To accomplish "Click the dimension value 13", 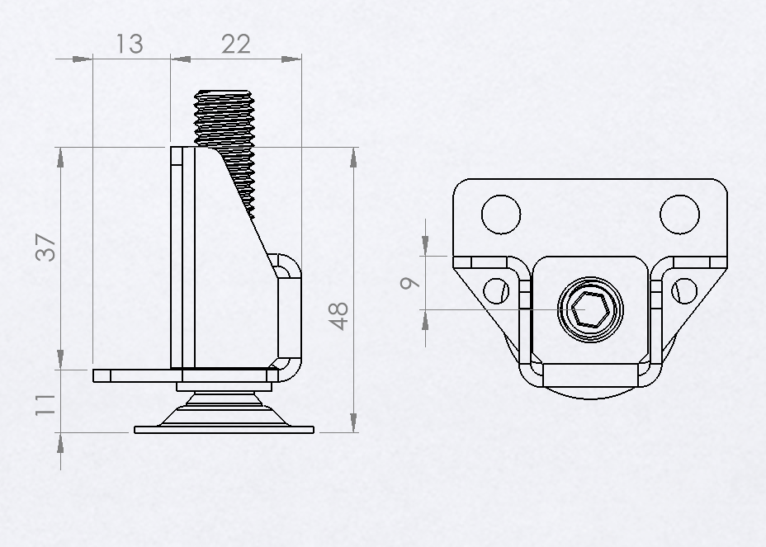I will click(129, 43).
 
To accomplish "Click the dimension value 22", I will click(235, 43).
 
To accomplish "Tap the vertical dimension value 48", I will click(338, 316).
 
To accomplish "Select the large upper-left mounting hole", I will click(501, 214).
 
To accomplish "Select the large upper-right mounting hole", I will click(680, 214).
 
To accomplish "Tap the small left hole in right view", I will click(494, 290).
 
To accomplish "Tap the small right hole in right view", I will click(685, 290).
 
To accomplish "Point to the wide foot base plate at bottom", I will click(225, 430).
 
